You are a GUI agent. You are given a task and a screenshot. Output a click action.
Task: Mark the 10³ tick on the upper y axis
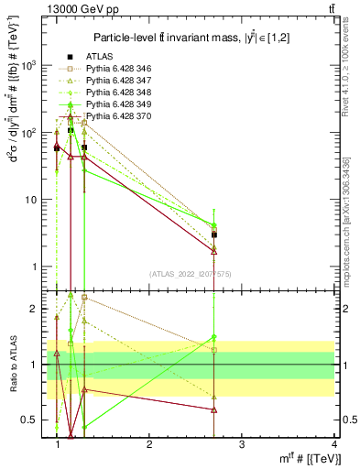[30, 66]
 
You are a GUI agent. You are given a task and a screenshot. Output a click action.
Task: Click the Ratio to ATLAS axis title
[13, 365]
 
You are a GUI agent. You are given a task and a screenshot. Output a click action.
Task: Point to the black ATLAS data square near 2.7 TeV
[213, 235]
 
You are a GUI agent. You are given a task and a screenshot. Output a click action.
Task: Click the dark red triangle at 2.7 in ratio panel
[213, 409]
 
